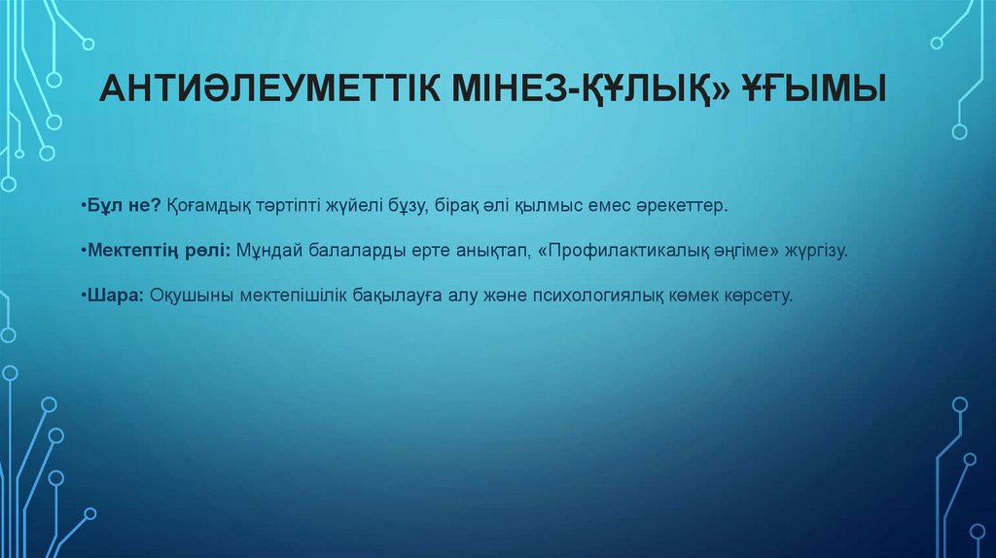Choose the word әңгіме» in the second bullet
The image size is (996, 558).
(745, 251)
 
